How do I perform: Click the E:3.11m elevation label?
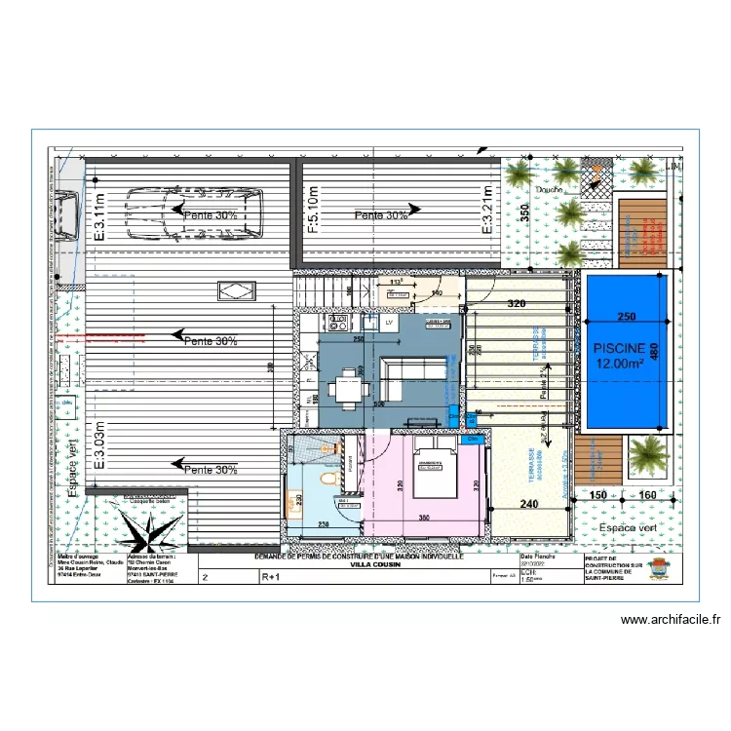point(99,214)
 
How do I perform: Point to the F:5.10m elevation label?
point(313,212)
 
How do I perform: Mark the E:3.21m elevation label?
point(490,213)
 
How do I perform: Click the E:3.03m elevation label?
point(99,445)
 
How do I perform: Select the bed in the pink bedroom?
point(433,467)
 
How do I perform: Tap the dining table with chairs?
point(348,388)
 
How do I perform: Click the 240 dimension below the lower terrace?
point(527,505)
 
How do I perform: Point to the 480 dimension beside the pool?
point(668,349)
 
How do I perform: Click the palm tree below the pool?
point(644,455)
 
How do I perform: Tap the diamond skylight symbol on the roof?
point(235,289)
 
